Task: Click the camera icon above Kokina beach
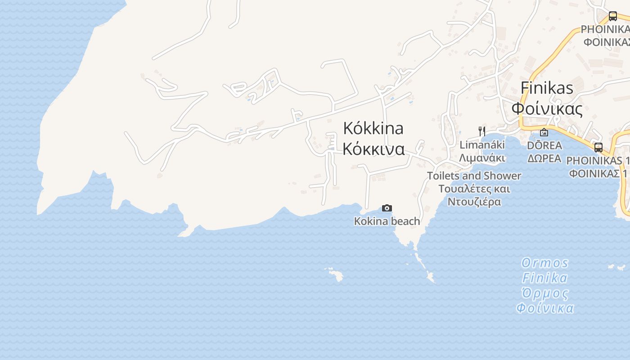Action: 387,208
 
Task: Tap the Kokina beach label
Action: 387,221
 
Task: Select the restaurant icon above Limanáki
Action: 482,131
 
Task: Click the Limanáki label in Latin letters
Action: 482,145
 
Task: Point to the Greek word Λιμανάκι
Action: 482,158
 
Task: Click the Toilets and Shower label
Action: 474,175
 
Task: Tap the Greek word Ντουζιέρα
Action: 474,202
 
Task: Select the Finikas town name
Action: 547,88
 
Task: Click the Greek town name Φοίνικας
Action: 547,108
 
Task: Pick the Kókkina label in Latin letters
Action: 373,128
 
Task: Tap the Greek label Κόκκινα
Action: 373,148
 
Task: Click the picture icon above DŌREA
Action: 544,132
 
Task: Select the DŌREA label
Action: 544,145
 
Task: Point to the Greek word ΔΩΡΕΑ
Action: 544,158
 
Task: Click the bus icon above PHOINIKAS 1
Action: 598,148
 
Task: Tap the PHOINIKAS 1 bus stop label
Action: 597,161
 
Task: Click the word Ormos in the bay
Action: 545,263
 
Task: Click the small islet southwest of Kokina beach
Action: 334,274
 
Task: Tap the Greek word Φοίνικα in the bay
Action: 545,308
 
